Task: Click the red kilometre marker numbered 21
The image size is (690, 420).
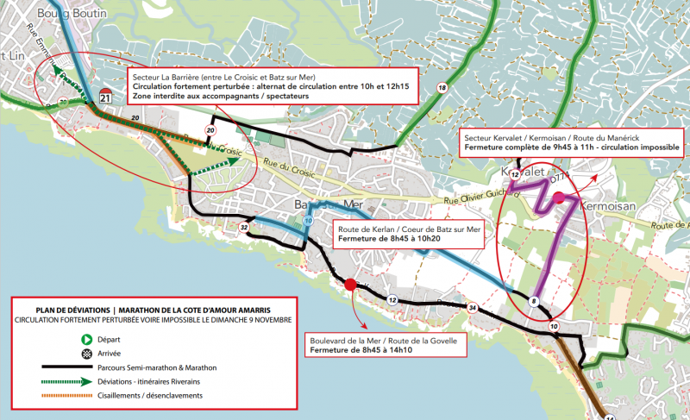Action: pos(106,97)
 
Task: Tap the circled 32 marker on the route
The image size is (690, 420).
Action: pos(245,228)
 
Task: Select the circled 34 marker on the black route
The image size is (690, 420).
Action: pos(472,308)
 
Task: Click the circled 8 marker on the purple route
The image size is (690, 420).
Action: pos(535,301)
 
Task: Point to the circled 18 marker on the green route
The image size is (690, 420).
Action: pos(442,89)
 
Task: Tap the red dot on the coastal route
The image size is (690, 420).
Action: pos(350,284)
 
